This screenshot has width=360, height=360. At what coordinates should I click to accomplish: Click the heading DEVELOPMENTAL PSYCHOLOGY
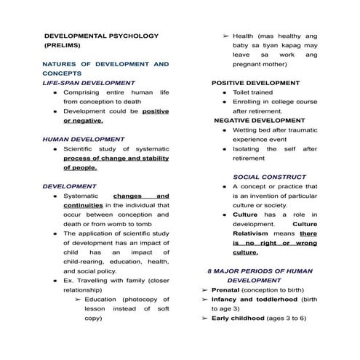pyautogui.click(x=101, y=35)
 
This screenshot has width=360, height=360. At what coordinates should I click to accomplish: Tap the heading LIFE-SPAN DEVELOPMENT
pyautogui.click(x=89, y=83)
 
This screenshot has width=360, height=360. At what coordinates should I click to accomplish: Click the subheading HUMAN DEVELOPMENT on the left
pyautogui.click(x=83, y=138)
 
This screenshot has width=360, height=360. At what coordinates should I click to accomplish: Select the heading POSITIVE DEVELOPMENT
pyautogui.click(x=255, y=83)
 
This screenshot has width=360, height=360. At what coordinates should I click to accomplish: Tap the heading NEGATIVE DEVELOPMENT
pyautogui.click(x=259, y=120)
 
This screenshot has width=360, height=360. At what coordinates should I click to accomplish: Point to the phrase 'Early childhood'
pyautogui.click(x=240, y=318)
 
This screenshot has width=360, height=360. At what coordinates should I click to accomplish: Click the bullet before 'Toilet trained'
pyautogui.click(x=224, y=93)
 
